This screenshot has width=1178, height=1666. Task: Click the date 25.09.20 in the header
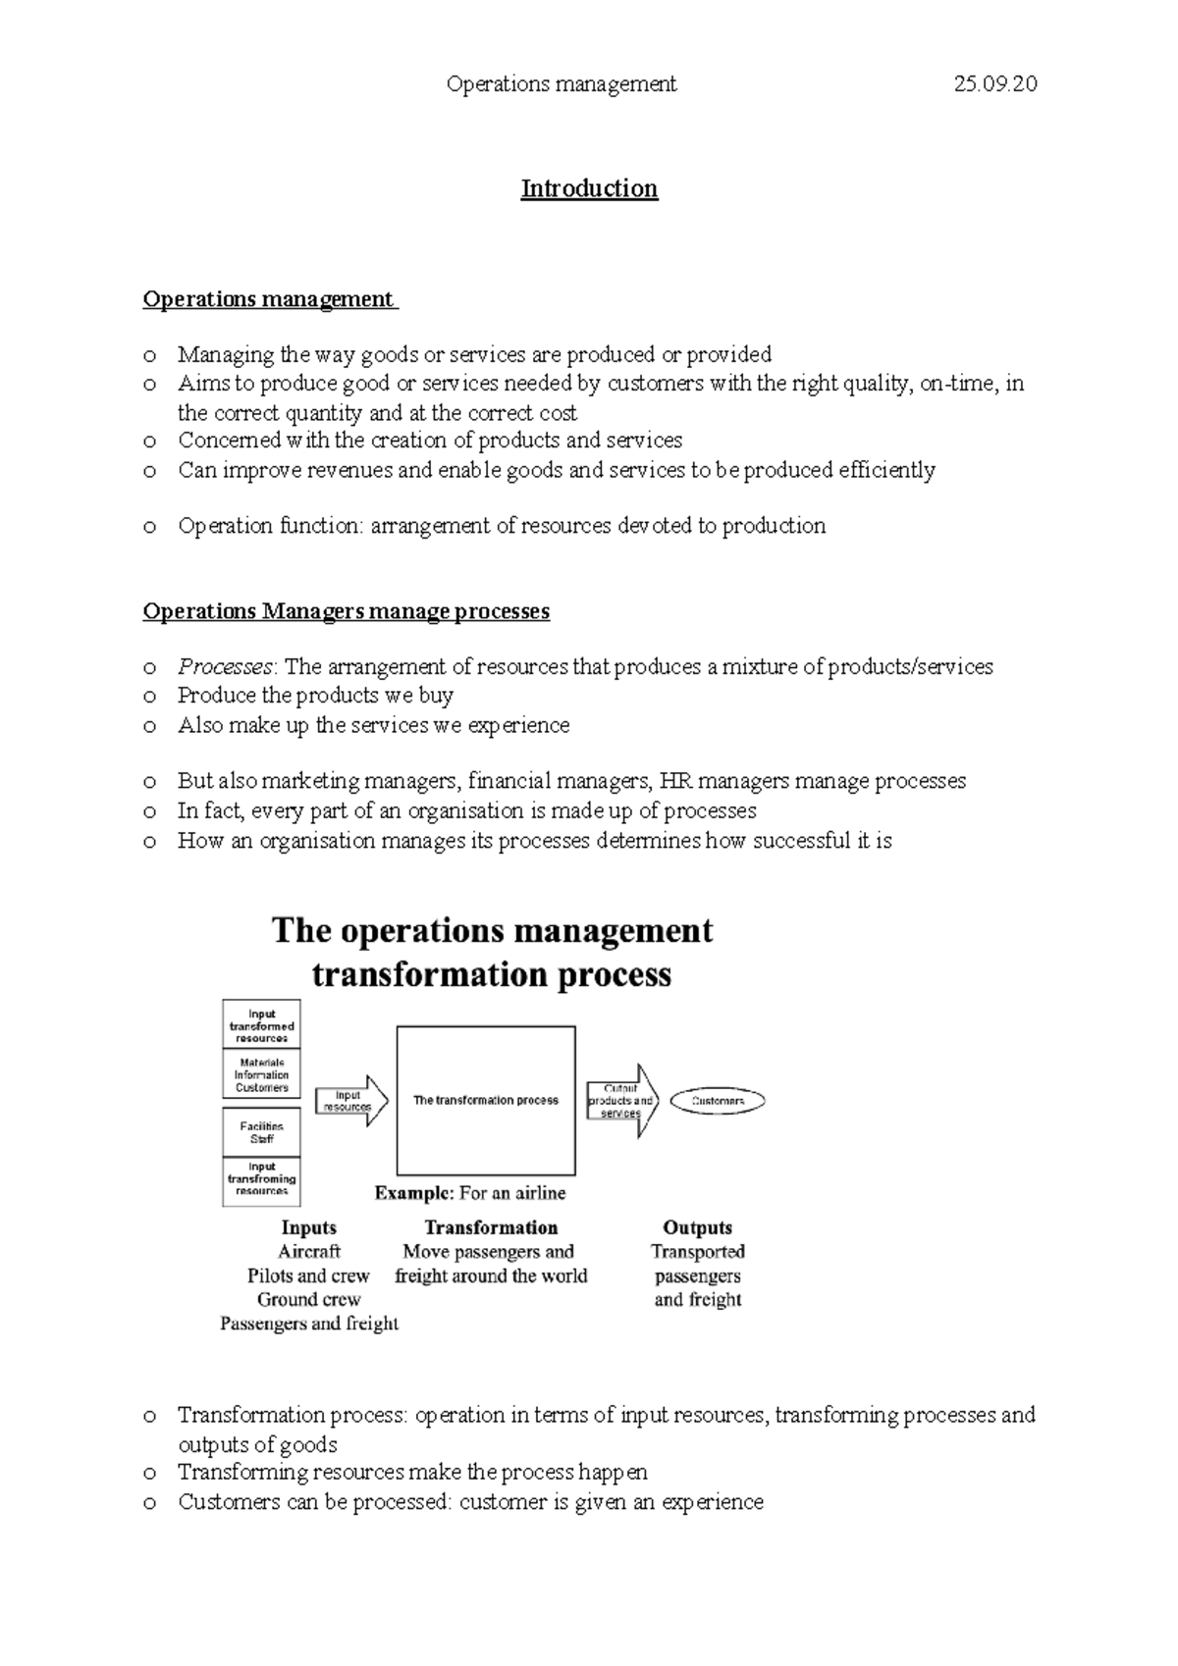click(x=995, y=84)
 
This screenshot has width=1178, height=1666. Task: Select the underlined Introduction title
click(x=589, y=188)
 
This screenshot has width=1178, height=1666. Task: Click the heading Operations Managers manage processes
click(x=346, y=611)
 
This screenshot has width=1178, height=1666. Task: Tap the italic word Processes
click(x=225, y=667)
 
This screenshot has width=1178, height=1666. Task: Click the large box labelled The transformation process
click(x=486, y=1100)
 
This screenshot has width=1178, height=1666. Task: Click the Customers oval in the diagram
click(x=718, y=1101)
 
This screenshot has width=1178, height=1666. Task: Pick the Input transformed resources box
click(x=261, y=1025)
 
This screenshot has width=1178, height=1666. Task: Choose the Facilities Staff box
click(x=261, y=1132)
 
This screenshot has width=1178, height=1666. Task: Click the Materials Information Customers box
click(x=261, y=1074)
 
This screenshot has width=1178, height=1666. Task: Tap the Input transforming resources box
click(x=261, y=1179)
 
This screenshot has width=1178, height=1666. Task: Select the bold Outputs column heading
click(x=697, y=1227)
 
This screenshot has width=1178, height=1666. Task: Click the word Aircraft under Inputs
click(x=308, y=1252)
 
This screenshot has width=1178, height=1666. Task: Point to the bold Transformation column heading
click(x=491, y=1227)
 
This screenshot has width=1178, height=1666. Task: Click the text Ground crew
click(x=308, y=1300)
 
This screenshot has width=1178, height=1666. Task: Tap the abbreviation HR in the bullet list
click(x=674, y=782)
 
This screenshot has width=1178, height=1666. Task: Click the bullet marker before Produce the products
click(x=149, y=698)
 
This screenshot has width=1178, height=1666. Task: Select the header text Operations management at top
click(x=562, y=84)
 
